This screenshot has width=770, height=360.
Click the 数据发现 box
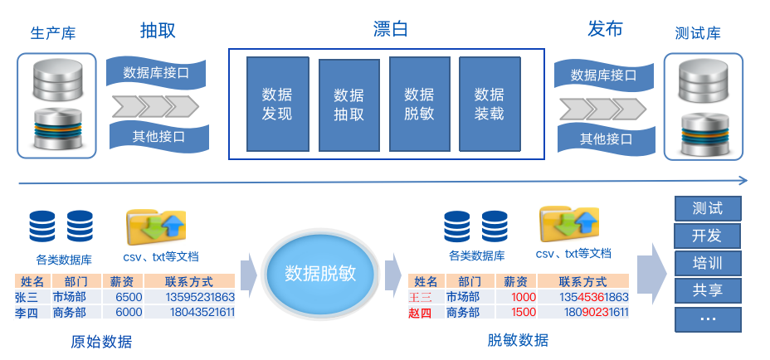pos(277,105)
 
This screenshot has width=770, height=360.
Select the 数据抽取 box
pos(348,105)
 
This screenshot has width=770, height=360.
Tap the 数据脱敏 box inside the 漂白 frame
pos(419,105)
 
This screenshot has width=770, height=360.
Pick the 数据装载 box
pos(489,105)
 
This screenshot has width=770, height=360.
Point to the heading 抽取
pos(158,32)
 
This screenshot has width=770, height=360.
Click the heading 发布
pos(605,30)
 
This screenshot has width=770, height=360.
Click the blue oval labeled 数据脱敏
pos(320,274)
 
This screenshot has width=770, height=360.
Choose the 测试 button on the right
pos(707,207)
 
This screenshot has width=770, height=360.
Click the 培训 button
pos(707,263)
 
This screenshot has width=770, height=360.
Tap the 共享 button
pos(707,290)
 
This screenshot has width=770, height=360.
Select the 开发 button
pos(707,235)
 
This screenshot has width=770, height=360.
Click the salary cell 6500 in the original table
pos(129,297)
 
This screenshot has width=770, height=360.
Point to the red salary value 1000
pos(524,297)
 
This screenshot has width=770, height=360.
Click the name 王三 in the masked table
pos(420,297)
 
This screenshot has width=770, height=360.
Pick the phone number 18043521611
pos(201,313)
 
